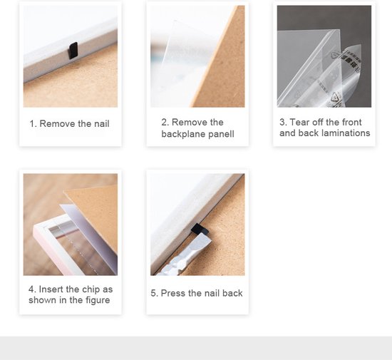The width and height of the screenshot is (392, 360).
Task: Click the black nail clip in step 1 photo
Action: [x=73, y=51]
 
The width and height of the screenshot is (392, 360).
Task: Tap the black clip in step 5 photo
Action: [x=200, y=230]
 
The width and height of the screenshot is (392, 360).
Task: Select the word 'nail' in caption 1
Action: [x=102, y=123]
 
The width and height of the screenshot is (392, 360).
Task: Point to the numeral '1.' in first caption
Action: [x=33, y=123]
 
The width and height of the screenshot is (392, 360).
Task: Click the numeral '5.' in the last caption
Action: [x=154, y=293]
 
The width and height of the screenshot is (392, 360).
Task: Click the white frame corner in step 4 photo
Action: [x=38, y=227]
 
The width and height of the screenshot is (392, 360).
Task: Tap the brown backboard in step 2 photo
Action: [x=220, y=63]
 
